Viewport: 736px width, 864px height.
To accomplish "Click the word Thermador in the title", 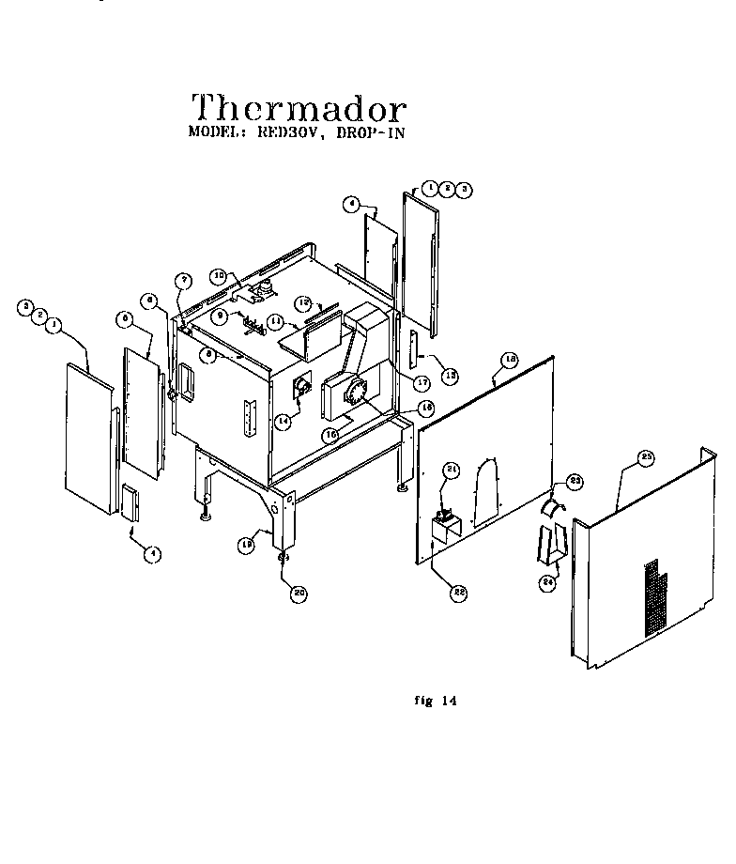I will click(299, 108).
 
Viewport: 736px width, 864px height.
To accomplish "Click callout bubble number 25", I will click(646, 457).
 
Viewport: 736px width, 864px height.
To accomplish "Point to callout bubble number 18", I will click(511, 359).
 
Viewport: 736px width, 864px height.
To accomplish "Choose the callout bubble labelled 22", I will click(459, 593).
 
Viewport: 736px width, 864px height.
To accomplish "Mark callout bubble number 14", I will click(282, 422).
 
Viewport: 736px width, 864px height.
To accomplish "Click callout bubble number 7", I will click(184, 280).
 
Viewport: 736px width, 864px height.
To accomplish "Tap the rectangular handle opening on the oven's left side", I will click(187, 379).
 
